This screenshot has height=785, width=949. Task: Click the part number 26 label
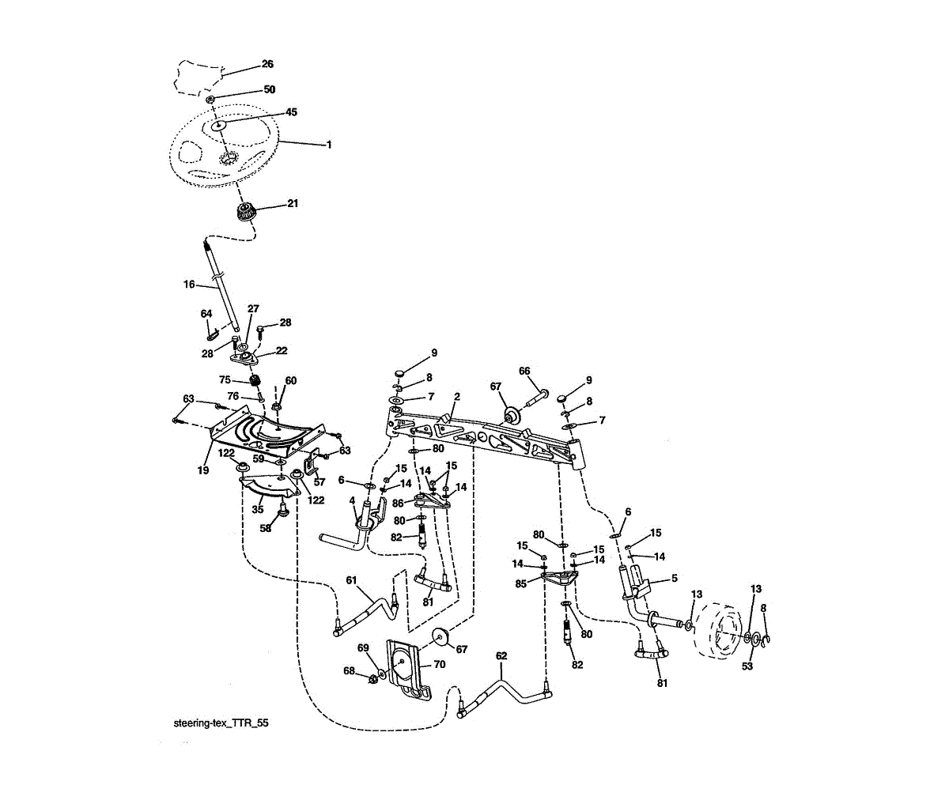pos(267,64)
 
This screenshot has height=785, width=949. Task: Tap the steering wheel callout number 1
pos(328,145)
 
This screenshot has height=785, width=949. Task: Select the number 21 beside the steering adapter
pos(293,204)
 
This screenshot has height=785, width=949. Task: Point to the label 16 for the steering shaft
pos(189,284)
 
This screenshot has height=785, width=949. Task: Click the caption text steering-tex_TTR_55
pos(215,723)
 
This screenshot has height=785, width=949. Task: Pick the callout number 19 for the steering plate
pos(202,470)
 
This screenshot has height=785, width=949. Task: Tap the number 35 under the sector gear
pos(258,510)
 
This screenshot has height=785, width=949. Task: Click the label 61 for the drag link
pos(352,579)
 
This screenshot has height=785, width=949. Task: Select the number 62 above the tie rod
pos(501,655)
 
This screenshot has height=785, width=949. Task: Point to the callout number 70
pos(439,664)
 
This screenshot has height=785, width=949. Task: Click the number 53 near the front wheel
pos(747,666)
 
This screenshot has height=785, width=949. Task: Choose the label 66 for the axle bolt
pos(524,371)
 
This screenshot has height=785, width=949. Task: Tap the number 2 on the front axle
pos(456,396)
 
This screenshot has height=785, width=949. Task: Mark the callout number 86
pos(398,502)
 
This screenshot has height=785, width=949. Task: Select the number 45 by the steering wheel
pos(291,112)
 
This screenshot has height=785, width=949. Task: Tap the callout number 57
pos(319,481)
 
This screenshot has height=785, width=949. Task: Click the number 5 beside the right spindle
pos(674,578)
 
